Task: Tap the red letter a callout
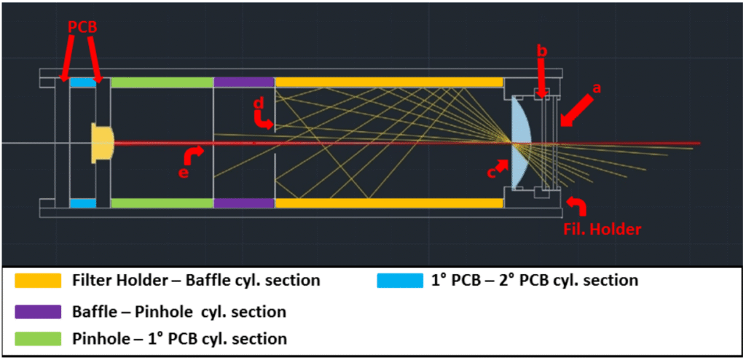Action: (597, 88)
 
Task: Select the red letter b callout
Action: (541, 50)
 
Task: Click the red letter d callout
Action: (258, 104)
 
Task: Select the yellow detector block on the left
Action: (102, 143)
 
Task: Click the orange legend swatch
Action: (37, 280)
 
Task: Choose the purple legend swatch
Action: (37, 311)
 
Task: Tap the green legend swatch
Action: (37, 338)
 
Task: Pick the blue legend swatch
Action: (400, 280)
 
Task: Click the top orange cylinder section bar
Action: (388, 82)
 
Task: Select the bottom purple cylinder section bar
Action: (243, 203)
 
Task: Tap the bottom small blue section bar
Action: (82, 203)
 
